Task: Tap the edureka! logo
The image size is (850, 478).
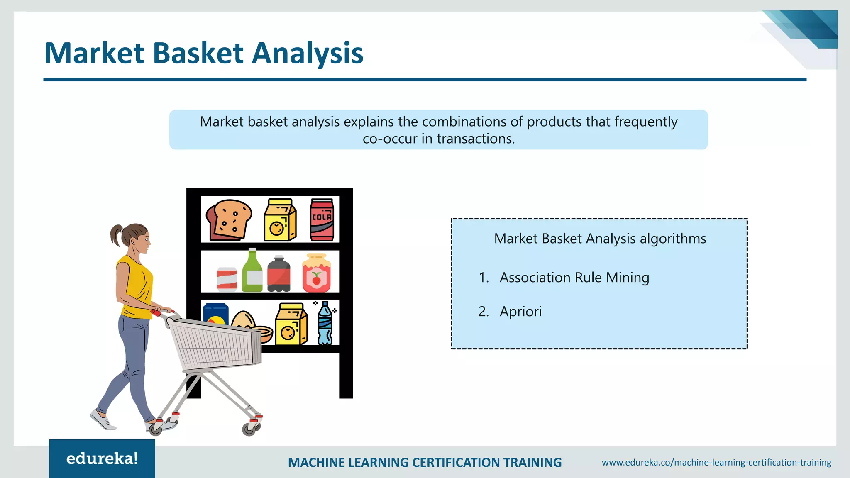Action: [x=102, y=458]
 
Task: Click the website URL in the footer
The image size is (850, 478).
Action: [x=716, y=462]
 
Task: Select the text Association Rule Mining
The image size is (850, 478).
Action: [x=574, y=277]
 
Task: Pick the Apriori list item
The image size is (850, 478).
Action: [x=520, y=311]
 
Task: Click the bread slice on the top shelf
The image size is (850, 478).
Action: [x=229, y=219]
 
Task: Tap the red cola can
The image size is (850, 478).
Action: [x=322, y=220]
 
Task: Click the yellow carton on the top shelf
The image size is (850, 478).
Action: [x=280, y=220]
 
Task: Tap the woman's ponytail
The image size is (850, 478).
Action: [x=116, y=235]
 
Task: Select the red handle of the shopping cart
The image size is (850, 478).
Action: [x=156, y=312]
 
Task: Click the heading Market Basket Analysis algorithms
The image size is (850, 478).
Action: [x=600, y=239]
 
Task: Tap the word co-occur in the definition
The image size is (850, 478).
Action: [x=390, y=139]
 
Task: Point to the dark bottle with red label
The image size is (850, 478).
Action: [x=279, y=275]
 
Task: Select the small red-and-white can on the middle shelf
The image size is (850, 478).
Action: [x=227, y=279]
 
